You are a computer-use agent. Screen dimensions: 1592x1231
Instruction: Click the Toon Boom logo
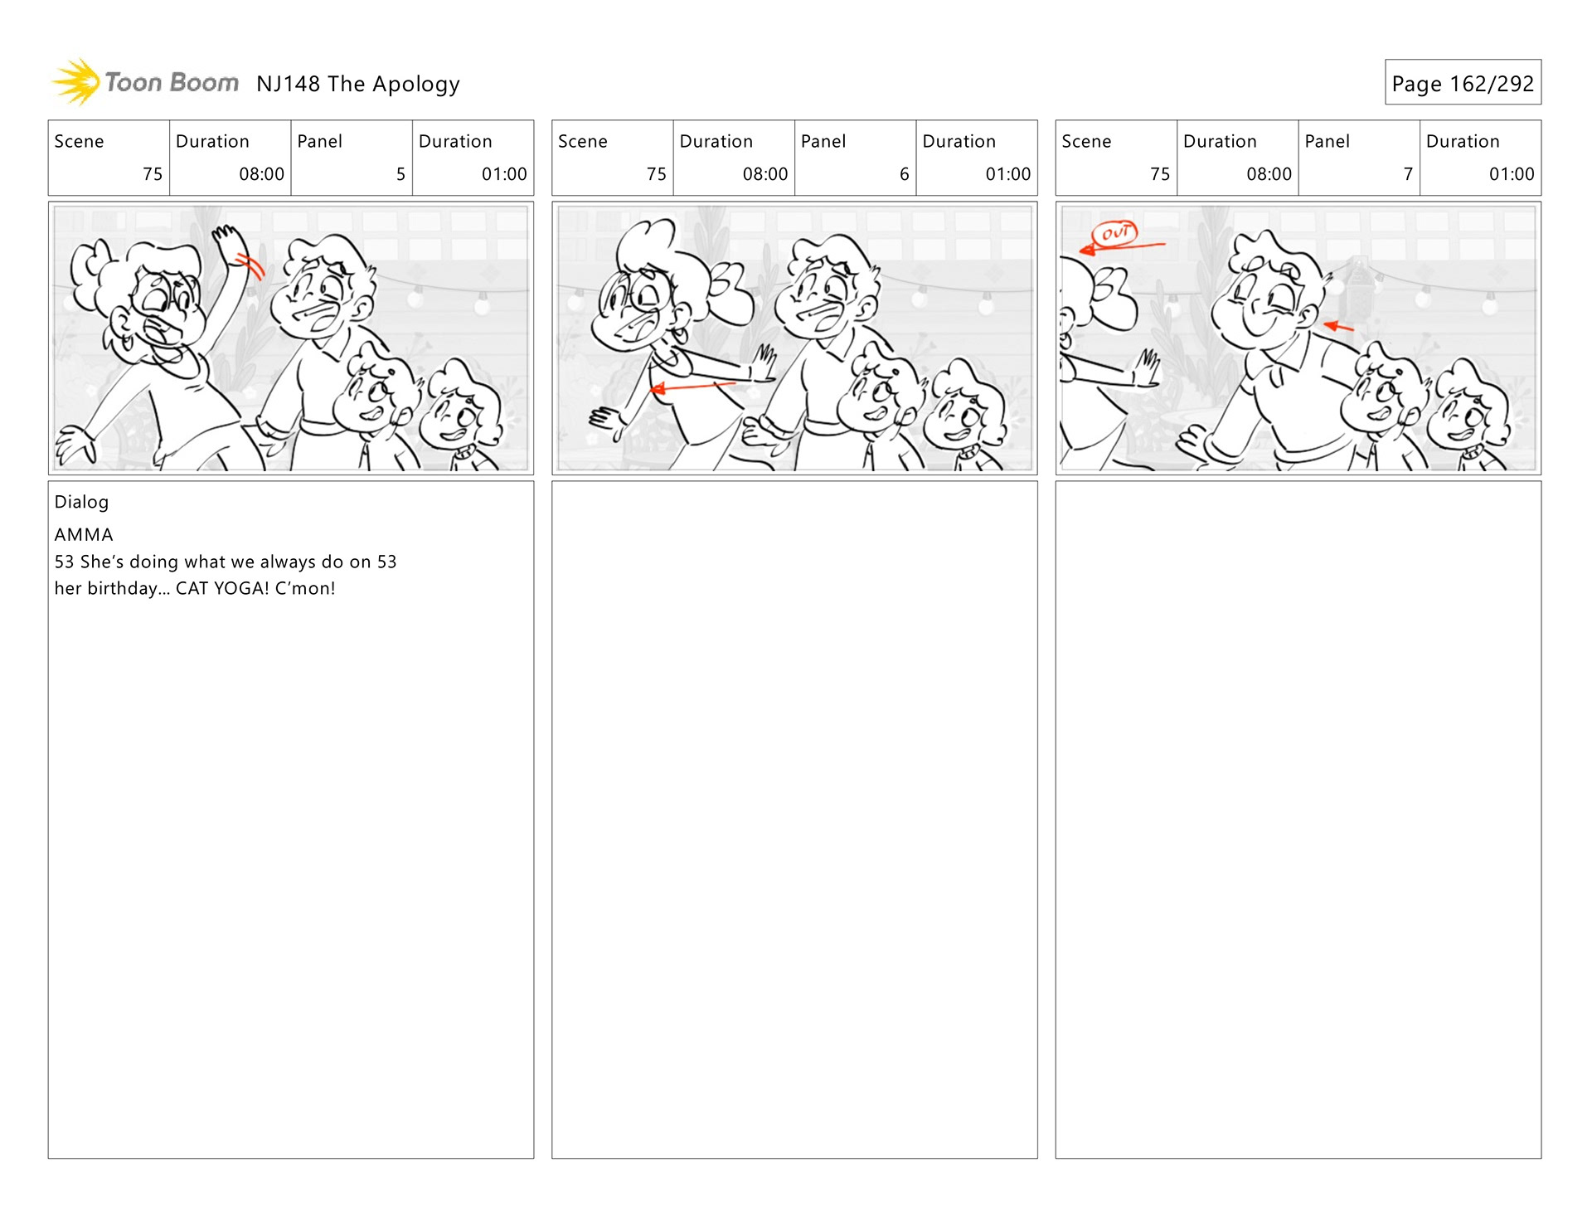pyautogui.click(x=145, y=82)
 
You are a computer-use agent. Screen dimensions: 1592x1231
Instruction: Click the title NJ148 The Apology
pyautogui.click(x=358, y=84)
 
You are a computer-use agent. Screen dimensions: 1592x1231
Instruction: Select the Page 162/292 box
pyautogui.click(x=1463, y=82)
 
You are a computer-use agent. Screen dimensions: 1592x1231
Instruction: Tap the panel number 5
pyautogui.click(x=400, y=174)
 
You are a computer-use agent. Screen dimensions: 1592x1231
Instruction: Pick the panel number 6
pyautogui.click(x=905, y=174)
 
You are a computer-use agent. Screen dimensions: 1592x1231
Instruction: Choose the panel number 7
pyautogui.click(x=1408, y=174)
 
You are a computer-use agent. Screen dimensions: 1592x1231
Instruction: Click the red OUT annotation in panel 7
pyautogui.click(x=1114, y=233)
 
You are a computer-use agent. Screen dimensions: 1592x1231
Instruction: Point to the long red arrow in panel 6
pyautogui.click(x=692, y=387)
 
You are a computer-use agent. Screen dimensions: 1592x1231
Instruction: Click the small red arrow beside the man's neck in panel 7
pyautogui.click(x=1338, y=327)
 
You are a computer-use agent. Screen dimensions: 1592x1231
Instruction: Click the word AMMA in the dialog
pyautogui.click(x=84, y=535)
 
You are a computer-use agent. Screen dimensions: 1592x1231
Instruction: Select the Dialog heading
pyautogui.click(x=81, y=502)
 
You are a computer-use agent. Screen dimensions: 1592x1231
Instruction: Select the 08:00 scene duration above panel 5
pyautogui.click(x=261, y=174)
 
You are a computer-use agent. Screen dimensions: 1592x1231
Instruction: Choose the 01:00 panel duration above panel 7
pyautogui.click(x=1512, y=174)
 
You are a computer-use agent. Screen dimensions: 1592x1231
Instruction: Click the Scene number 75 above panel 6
pyautogui.click(x=656, y=174)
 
